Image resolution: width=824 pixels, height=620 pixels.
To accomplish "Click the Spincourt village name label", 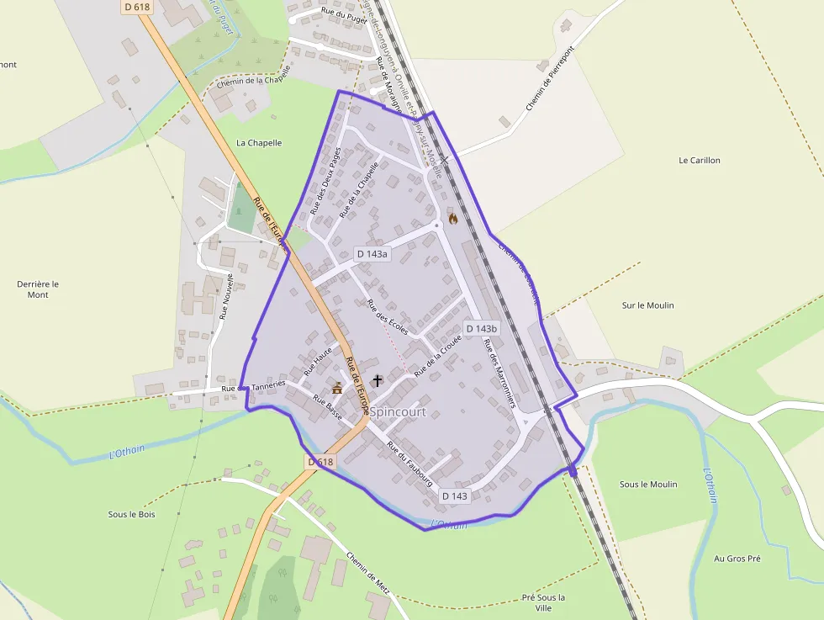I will [x=398, y=412].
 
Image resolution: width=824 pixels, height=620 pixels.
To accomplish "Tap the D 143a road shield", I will [x=372, y=253].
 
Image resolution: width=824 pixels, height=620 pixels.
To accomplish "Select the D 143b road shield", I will [x=481, y=328].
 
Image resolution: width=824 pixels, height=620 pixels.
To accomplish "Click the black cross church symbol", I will [x=378, y=381].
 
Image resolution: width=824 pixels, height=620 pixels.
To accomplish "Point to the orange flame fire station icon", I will [x=453, y=219].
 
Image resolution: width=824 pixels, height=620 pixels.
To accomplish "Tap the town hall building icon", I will [x=338, y=388].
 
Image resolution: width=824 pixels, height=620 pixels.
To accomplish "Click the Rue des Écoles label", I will [x=388, y=316].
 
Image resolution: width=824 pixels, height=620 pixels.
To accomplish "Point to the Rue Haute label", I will [x=319, y=359].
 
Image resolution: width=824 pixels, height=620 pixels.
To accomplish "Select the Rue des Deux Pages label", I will [x=325, y=179].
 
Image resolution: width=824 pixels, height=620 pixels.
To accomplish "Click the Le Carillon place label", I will [x=699, y=160].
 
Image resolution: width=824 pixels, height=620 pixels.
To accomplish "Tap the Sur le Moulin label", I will [x=647, y=305].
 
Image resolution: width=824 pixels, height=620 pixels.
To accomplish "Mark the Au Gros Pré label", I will [x=737, y=559].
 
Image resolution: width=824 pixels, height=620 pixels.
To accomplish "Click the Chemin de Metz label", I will [x=368, y=573].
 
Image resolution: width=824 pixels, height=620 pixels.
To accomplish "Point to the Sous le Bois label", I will [x=132, y=514].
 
